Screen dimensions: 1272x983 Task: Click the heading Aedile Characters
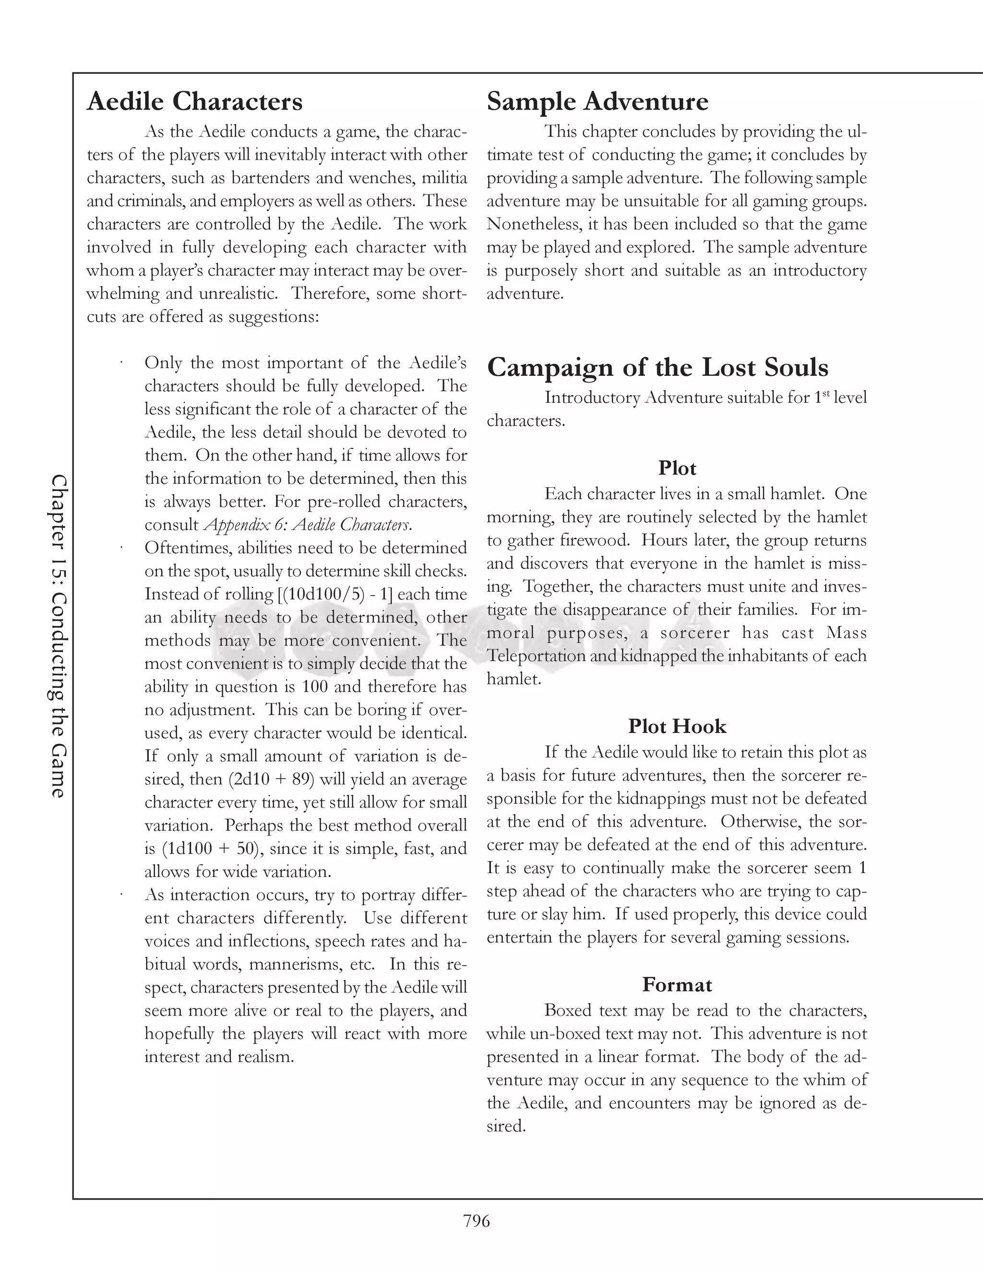[194, 101]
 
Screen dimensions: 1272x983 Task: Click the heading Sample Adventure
[598, 101]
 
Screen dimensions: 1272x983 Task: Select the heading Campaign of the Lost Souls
[658, 368]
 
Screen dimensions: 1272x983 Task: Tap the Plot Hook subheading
[677, 726]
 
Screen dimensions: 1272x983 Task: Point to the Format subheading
[677, 985]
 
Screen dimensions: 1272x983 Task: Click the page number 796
[476, 1221]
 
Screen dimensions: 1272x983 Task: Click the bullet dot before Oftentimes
[122, 548]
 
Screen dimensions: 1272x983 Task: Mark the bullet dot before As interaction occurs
[122, 894]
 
